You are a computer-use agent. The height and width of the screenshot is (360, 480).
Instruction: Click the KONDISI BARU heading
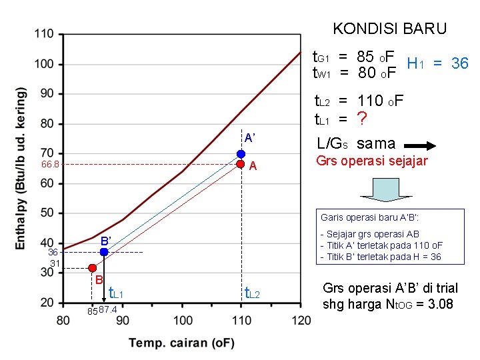click(389, 29)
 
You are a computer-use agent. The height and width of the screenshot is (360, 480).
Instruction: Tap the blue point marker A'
click(241, 154)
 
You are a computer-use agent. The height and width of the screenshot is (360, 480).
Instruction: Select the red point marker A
click(241, 164)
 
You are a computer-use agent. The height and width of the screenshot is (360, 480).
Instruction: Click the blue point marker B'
click(104, 252)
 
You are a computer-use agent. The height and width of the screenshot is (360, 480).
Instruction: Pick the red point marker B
click(92, 268)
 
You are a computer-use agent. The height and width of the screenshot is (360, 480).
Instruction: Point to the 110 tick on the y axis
click(45, 34)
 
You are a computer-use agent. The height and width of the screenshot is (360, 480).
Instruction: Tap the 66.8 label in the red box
click(51, 164)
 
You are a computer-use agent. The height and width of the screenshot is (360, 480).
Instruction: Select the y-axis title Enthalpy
click(21, 169)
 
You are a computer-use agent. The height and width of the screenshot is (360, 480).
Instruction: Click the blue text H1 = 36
click(437, 63)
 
